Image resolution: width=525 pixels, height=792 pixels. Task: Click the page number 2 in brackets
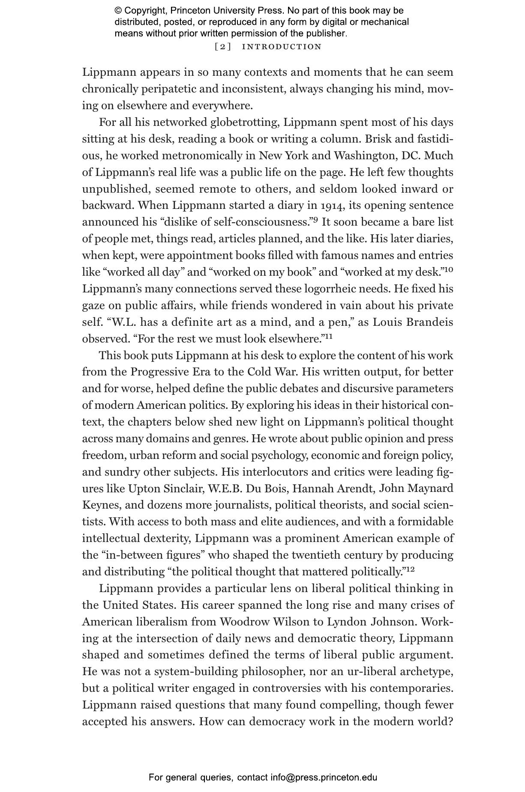(x=223, y=47)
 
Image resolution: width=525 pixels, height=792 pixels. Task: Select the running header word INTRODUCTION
(x=282, y=47)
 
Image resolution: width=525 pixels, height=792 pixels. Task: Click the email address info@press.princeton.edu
(x=324, y=777)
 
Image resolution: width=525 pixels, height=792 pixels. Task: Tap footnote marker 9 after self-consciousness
(x=315, y=220)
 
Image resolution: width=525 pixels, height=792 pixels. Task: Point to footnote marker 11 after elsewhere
(x=328, y=336)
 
